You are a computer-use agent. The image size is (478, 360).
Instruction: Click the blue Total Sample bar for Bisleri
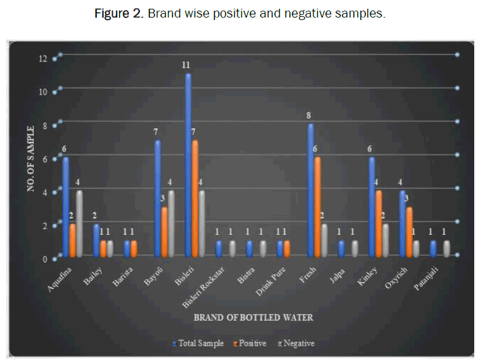click(188, 166)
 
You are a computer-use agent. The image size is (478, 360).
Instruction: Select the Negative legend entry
click(296, 343)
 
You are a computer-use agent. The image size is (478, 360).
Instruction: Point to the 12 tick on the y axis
click(43, 59)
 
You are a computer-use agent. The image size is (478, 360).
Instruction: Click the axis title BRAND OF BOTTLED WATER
click(253, 317)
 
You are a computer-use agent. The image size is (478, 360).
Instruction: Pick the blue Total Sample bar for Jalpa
click(341, 249)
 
